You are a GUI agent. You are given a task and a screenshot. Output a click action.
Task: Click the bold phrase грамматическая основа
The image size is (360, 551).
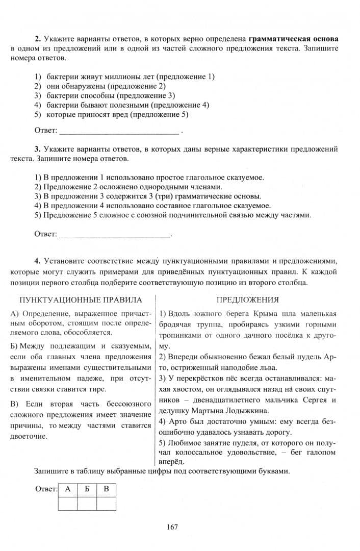(x=293, y=39)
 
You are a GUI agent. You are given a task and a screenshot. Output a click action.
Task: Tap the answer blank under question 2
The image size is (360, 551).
(x=120, y=132)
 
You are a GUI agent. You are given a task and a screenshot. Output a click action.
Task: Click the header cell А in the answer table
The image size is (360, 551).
(x=68, y=489)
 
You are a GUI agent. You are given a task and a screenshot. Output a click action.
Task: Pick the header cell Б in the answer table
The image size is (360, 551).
(x=87, y=489)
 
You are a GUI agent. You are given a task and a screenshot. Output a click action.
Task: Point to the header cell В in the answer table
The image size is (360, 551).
(x=106, y=489)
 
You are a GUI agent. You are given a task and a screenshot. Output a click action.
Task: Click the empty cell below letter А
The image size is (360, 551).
(x=68, y=503)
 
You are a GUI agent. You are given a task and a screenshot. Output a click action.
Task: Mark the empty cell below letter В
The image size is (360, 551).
(x=106, y=503)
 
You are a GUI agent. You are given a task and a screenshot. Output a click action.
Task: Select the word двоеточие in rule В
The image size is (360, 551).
(x=28, y=437)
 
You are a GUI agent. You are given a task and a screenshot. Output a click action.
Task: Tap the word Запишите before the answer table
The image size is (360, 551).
(x=51, y=471)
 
